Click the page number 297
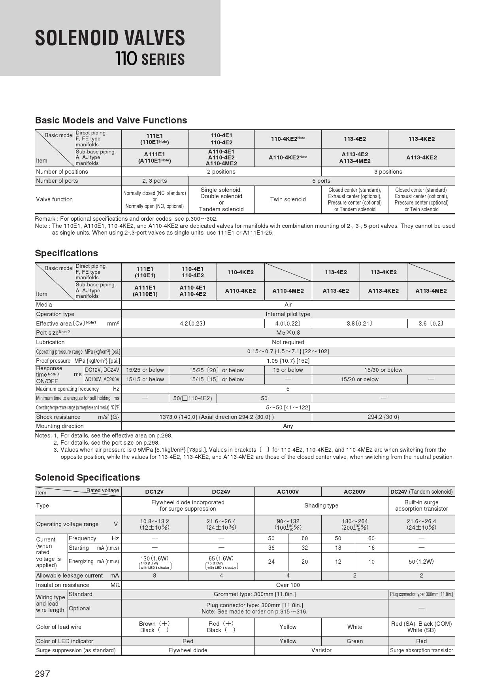click(x=42, y=674)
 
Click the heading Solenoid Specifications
click(x=87, y=477)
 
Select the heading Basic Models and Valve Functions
click(x=111, y=120)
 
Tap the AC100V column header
click(x=288, y=492)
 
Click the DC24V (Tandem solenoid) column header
click(x=421, y=492)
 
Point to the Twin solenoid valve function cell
click(x=288, y=199)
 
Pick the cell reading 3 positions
click(x=388, y=172)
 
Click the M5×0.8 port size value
click(x=288, y=333)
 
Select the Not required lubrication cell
click(x=288, y=342)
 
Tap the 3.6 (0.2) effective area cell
click(x=431, y=324)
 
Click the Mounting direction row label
click(x=60, y=426)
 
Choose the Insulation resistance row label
click(x=63, y=585)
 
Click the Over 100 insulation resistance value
click(x=288, y=585)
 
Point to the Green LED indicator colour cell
click(x=354, y=641)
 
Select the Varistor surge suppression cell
click(x=321, y=650)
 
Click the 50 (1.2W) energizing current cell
click(x=421, y=561)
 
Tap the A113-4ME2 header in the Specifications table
click(x=431, y=291)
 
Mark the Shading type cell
click(x=321, y=506)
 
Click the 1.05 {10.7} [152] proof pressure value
click(x=288, y=361)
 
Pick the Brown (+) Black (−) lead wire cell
click(x=155, y=627)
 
